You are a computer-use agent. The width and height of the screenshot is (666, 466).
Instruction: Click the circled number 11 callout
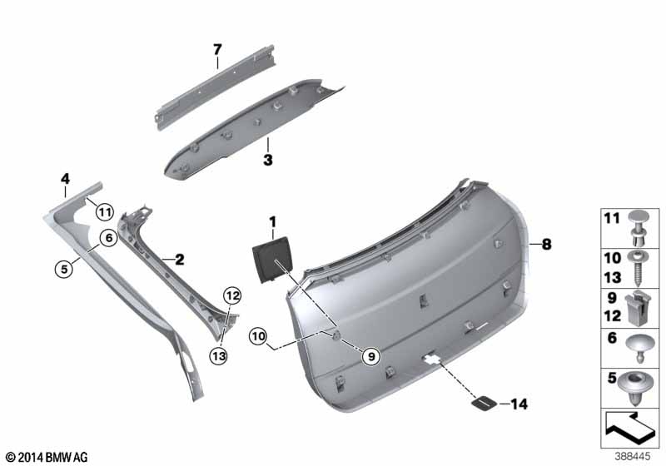[105, 211]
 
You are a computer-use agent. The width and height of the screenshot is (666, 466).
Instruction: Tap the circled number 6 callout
[109, 238]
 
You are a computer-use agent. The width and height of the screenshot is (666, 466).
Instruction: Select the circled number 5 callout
[64, 269]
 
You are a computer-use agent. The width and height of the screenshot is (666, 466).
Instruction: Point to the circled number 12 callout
[232, 295]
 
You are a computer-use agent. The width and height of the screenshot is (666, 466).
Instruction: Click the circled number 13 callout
[219, 355]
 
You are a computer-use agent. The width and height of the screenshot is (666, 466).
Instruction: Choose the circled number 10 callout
[258, 336]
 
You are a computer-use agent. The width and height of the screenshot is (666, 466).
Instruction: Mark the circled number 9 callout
[371, 356]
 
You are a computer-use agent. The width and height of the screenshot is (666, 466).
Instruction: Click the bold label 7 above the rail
[217, 50]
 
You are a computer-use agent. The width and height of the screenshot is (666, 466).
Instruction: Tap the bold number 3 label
[267, 161]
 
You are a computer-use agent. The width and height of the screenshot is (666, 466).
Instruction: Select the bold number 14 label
[519, 404]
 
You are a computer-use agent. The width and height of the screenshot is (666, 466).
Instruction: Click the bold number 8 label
[546, 244]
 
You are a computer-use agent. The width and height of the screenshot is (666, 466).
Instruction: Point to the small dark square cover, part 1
[272, 260]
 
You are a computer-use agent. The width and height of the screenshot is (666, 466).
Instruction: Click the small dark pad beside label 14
[485, 404]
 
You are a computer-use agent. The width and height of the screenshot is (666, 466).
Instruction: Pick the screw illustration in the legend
[636, 268]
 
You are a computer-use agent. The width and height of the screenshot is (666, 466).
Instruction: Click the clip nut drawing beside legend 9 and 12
[636, 308]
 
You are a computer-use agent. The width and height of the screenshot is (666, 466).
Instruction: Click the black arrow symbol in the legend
[630, 429]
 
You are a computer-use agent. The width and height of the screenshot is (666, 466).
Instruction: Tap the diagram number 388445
[633, 457]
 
